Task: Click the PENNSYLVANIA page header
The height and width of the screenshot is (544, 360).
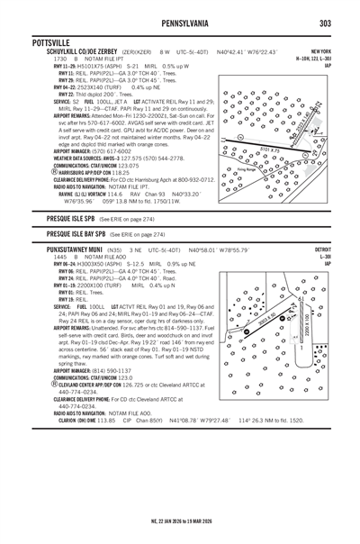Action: [x=180, y=22]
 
